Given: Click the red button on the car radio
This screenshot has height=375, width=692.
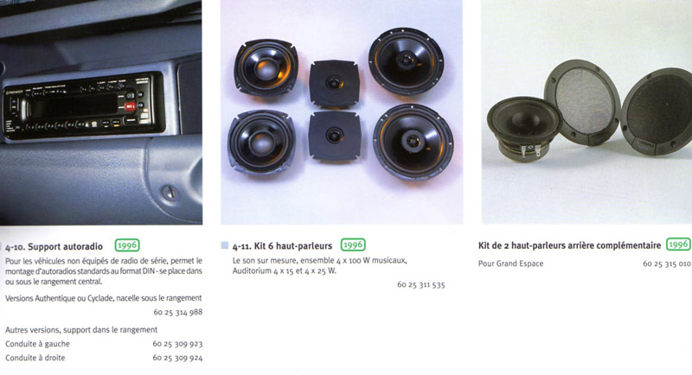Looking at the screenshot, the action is click(x=131, y=106).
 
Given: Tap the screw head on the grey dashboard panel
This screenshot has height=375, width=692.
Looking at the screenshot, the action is click(x=170, y=192).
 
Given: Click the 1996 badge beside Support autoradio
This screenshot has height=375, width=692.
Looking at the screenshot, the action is click(x=127, y=245).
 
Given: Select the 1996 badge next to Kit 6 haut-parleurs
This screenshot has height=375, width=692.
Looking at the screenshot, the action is click(x=353, y=245).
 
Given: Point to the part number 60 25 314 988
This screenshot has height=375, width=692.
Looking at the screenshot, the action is click(x=178, y=312).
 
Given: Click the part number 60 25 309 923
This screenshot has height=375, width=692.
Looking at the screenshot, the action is click(x=177, y=344).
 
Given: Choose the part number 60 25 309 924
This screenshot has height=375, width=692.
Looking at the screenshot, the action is click(x=177, y=358).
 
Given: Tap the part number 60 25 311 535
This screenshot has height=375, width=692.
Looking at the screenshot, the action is click(x=421, y=284).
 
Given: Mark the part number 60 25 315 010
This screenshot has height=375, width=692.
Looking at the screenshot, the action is click(x=666, y=264).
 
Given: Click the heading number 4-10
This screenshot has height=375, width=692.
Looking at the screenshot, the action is click(x=15, y=247).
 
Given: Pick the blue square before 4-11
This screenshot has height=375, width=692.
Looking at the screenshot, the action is click(x=225, y=245).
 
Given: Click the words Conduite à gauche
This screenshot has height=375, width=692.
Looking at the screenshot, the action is click(x=37, y=344).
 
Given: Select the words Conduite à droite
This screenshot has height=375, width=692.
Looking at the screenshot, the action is click(x=35, y=358).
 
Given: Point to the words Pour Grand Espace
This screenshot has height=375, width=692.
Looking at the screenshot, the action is click(x=510, y=264).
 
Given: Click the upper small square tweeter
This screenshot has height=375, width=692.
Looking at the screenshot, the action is click(x=334, y=83).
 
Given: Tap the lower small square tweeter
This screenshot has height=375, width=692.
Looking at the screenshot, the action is click(x=335, y=136).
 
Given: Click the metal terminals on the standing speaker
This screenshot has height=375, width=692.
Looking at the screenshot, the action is click(x=530, y=150).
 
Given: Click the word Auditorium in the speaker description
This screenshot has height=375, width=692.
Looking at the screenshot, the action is click(x=251, y=270).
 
